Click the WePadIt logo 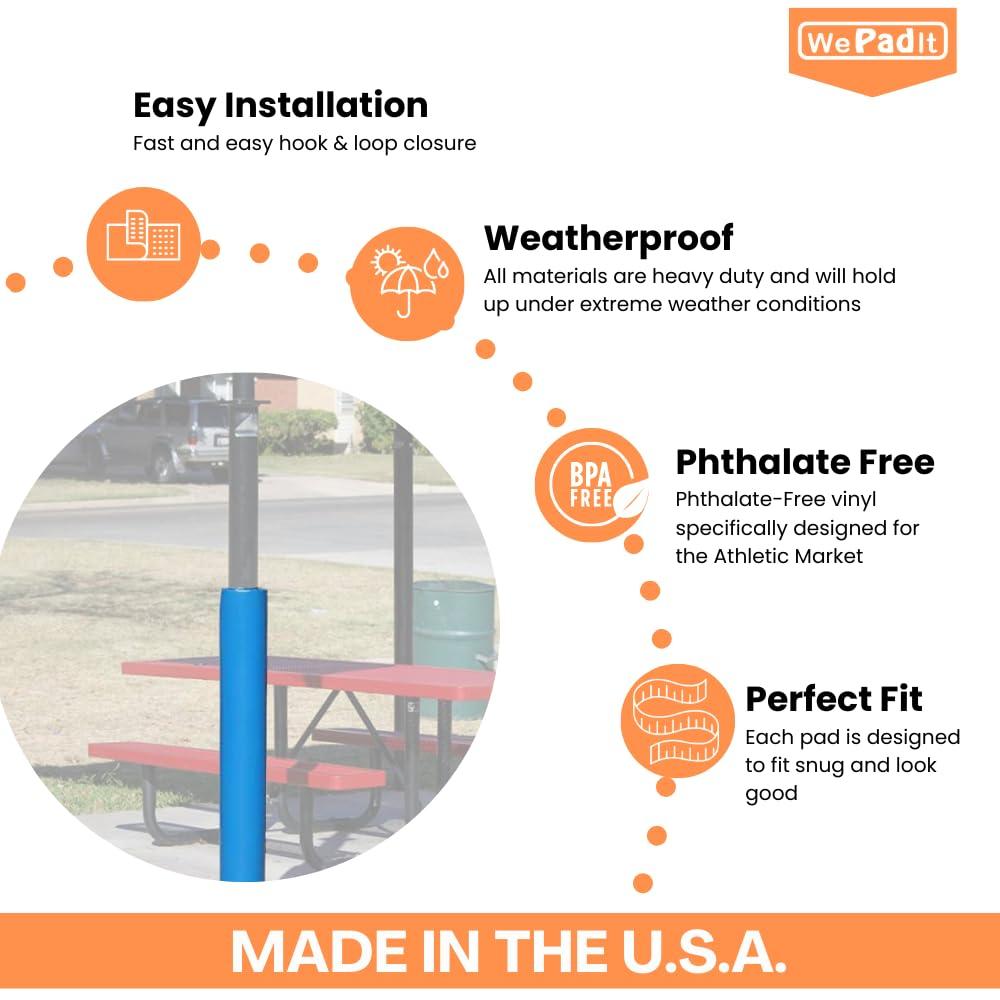pos(872,42)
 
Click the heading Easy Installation pos(280,105)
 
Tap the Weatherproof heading pos(608,238)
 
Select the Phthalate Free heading pos(805,462)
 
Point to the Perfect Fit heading pos(834,698)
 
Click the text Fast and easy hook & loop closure pos(304,143)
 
